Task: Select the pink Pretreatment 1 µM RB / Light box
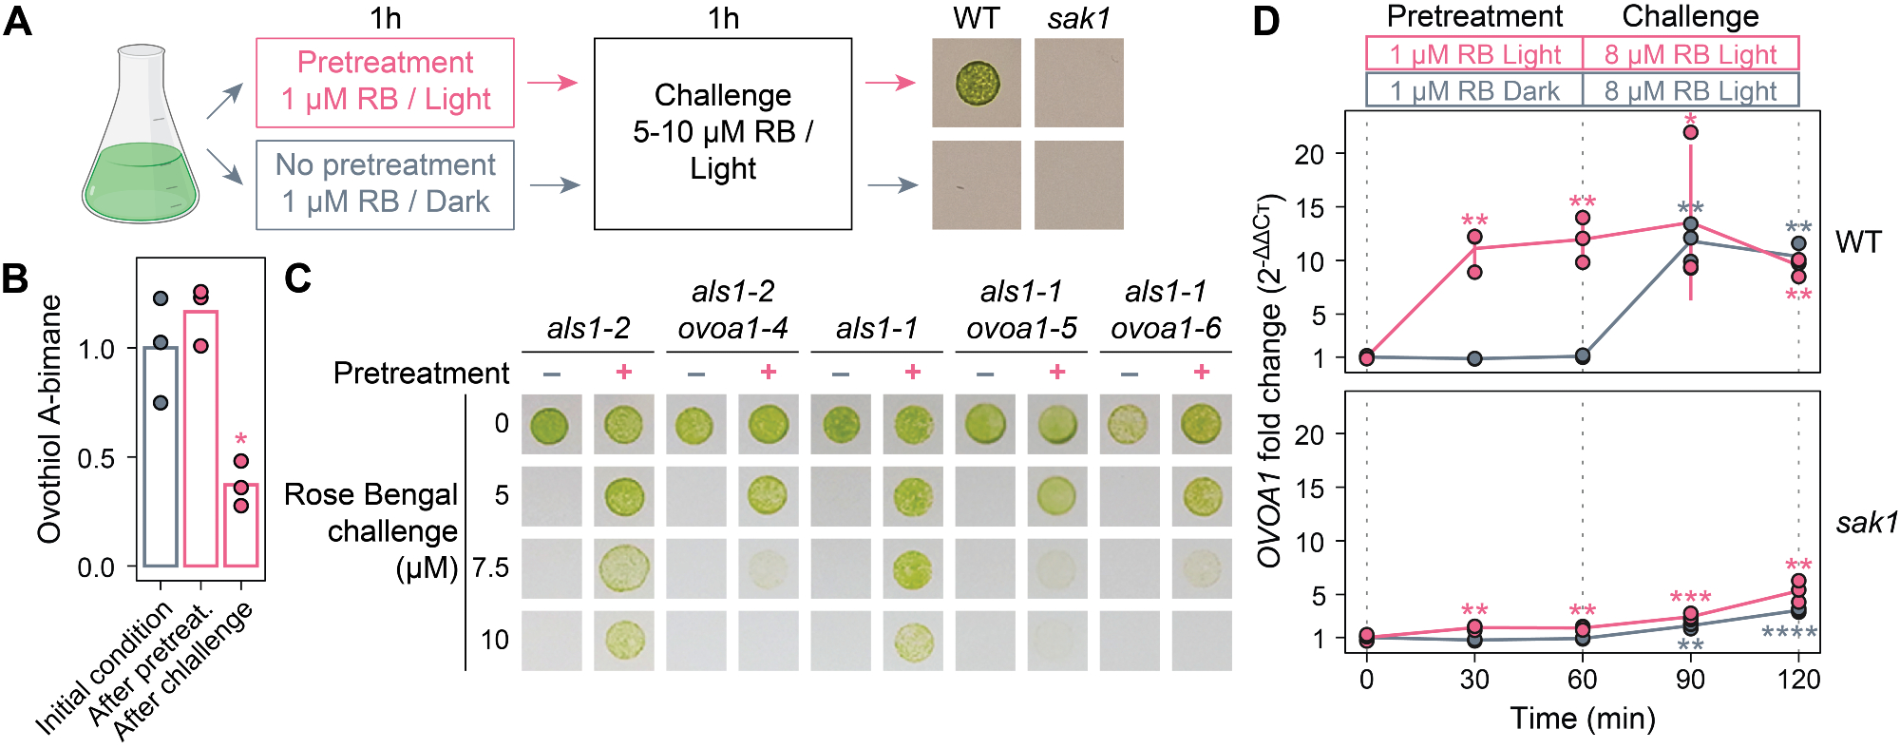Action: pyautogui.click(x=385, y=82)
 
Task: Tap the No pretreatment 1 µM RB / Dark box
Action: pyautogui.click(x=385, y=184)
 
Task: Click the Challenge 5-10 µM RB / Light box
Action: pyautogui.click(x=722, y=133)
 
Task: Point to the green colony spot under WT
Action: pyautogui.click(x=977, y=83)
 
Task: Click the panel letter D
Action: pyautogui.click(x=1266, y=21)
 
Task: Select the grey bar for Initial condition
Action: pyautogui.click(x=161, y=456)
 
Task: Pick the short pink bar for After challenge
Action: pyautogui.click(x=241, y=525)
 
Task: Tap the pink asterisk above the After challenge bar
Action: pyautogui.click(x=241, y=440)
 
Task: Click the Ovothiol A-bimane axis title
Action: pyautogui.click(x=49, y=418)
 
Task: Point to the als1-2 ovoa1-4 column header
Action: pyautogui.click(x=732, y=310)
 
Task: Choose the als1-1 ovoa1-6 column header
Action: pyautogui.click(x=1166, y=310)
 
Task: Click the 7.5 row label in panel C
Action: pyautogui.click(x=491, y=567)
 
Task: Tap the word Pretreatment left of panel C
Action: pyautogui.click(x=421, y=373)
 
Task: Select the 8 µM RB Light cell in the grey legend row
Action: pyautogui.click(x=1690, y=90)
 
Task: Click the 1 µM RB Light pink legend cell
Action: pyautogui.click(x=1474, y=54)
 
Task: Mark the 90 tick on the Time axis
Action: pyautogui.click(x=1690, y=679)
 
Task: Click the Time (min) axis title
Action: pyautogui.click(x=1583, y=719)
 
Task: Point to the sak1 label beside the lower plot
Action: pyautogui.click(x=1866, y=523)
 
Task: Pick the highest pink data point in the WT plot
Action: pyautogui.click(x=1691, y=132)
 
